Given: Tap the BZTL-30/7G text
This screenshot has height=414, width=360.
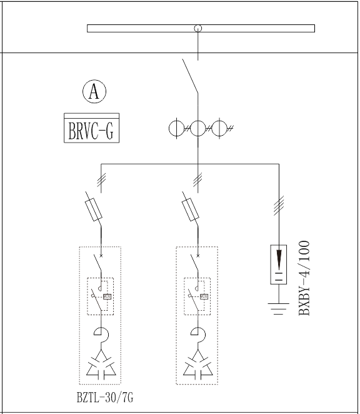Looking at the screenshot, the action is pyautogui.click(x=105, y=397).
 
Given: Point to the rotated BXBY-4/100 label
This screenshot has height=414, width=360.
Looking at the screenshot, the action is pyautogui.click(x=304, y=278).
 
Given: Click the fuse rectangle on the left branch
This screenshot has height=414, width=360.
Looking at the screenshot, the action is pyautogui.click(x=94, y=210).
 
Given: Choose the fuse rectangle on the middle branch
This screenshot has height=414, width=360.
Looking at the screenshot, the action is pyautogui.click(x=191, y=210).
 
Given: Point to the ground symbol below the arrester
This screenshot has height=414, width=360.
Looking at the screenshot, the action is pyautogui.click(x=279, y=309).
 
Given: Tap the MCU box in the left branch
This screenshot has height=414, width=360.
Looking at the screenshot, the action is pyautogui.click(x=107, y=296).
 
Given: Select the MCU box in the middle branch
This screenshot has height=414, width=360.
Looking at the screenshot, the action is pyautogui.click(x=204, y=296).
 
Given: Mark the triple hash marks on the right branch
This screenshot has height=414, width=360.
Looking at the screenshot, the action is pyautogui.click(x=279, y=205).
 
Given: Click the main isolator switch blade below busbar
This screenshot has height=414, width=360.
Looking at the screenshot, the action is pyautogui.click(x=190, y=76).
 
